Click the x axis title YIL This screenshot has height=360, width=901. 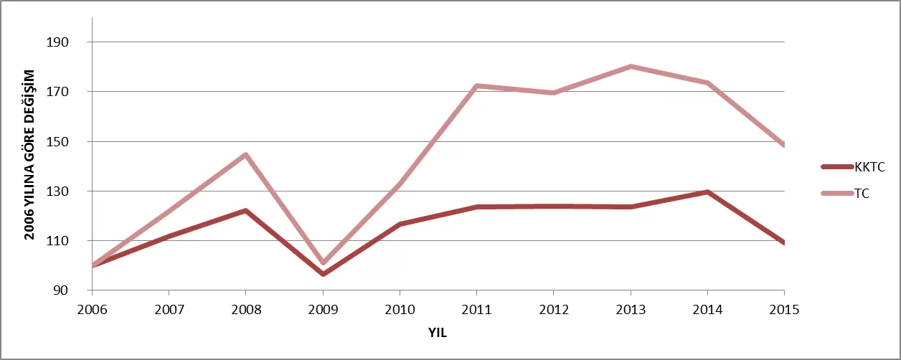point(438,333)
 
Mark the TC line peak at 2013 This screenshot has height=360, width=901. point(631,67)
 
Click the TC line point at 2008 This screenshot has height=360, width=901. point(246,155)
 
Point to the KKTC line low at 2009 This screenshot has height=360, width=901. point(323,274)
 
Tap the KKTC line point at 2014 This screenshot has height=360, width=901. point(707,192)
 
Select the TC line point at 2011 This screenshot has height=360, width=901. point(476,86)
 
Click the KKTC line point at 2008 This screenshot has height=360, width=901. point(246,211)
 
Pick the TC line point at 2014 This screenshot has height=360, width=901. point(707,83)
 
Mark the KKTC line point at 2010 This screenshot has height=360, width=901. point(400,224)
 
